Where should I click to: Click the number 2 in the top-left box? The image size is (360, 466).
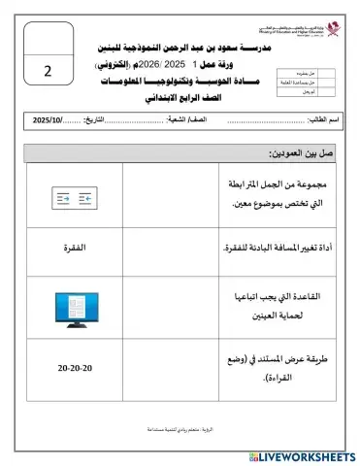tap(48, 71)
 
